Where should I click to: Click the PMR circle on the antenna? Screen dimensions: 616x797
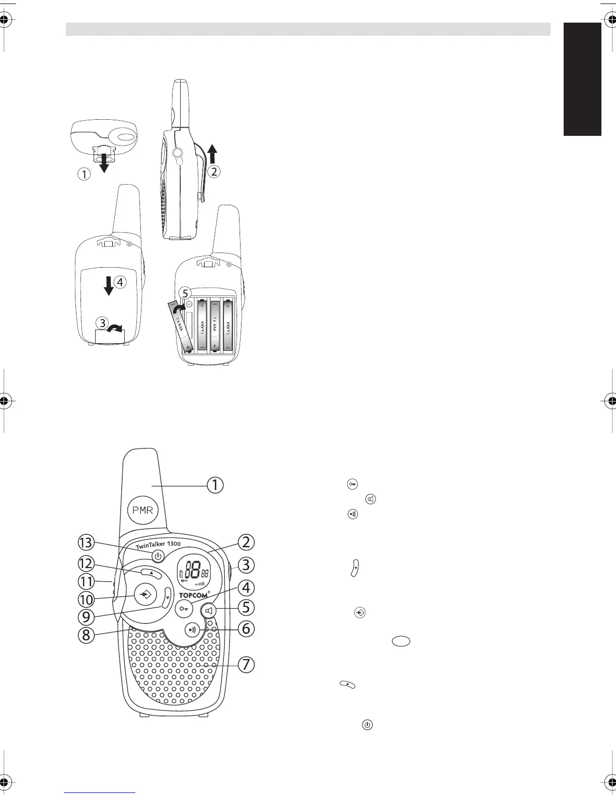tap(143, 510)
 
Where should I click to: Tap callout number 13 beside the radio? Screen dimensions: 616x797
tap(86, 542)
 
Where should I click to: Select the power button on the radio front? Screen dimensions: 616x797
tap(158, 556)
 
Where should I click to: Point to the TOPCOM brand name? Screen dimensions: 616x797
tap(194, 595)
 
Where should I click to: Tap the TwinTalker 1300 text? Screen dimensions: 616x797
tap(158, 545)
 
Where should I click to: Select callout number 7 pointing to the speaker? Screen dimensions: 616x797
tap(246, 664)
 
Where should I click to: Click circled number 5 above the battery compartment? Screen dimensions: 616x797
tap(186, 292)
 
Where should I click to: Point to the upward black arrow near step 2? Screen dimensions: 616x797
tap(213, 152)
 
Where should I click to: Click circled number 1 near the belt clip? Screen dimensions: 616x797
tap(85, 175)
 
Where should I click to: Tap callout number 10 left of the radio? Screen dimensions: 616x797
tap(86, 600)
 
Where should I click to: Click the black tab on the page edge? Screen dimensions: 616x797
tap(582, 79)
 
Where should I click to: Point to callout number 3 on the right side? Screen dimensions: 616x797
tap(246, 565)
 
